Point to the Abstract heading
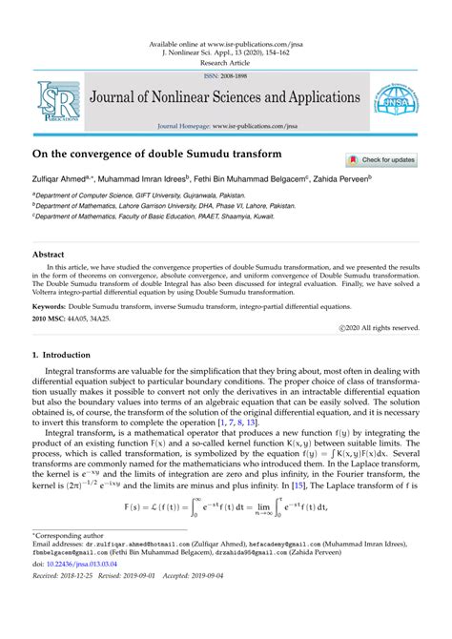click(49, 256)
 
